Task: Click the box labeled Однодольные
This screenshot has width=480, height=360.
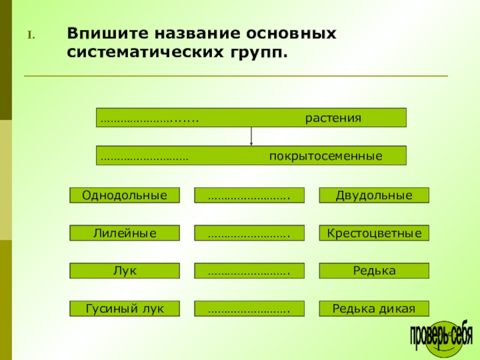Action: (x=124, y=195)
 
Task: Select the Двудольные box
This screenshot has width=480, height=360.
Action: (x=374, y=195)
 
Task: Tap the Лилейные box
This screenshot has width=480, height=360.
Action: (x=124, y=233)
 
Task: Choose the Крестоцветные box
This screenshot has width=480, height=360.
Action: (x=374, y=233)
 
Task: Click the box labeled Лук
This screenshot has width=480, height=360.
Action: (x=124, y=271)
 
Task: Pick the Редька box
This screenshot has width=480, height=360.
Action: (x=374, y=271)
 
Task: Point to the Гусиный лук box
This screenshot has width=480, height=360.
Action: (x=124, y=308)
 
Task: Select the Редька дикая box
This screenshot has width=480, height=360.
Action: (x=374, y=308)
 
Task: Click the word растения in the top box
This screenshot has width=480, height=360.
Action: (x=333, y=118)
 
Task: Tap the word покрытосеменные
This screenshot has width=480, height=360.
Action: (x=325, y=156)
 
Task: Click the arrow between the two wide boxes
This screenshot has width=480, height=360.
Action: (x=251, y=137)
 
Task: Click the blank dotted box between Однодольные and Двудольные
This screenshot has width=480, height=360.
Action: (x=249, y=195)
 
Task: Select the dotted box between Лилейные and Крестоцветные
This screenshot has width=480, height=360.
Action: (x=249, y=233)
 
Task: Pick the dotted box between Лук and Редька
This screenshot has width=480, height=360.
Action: (x=249, y=271)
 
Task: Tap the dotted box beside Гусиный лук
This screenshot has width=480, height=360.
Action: (x=249, y=308)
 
